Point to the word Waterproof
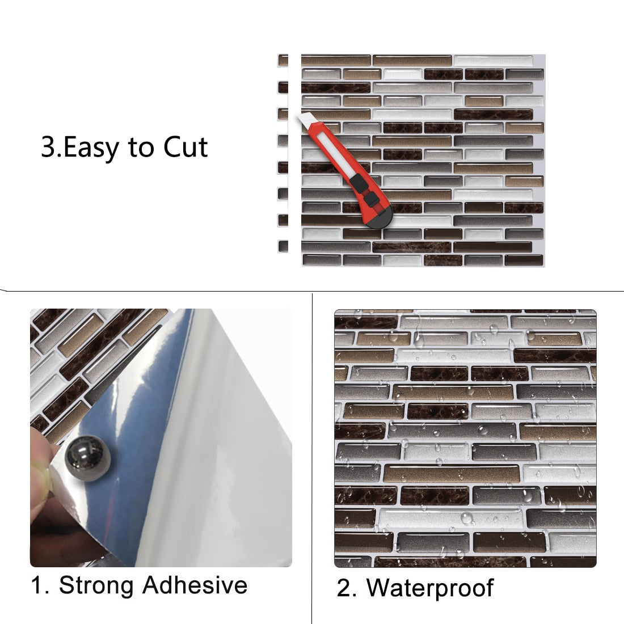(x=429, y=588)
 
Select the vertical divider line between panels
(x=313, y=454)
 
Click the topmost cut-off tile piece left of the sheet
(x=283, y=60)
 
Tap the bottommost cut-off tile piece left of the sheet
(x=283, y=246)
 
